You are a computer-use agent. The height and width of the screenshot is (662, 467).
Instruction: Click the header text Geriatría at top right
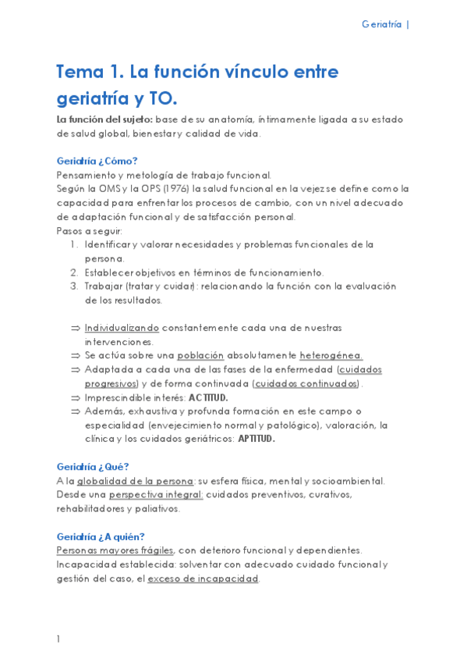381,24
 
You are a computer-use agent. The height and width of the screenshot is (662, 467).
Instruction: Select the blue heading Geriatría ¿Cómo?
97,161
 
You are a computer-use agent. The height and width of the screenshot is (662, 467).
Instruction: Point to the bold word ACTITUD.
208,397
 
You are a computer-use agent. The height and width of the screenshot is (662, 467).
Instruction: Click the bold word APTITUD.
256,439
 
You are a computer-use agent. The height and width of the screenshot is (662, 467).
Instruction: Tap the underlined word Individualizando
122,328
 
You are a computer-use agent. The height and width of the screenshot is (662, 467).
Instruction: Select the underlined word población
200,355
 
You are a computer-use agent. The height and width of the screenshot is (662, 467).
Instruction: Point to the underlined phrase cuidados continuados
306,383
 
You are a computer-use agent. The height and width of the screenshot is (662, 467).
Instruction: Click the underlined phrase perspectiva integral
156,495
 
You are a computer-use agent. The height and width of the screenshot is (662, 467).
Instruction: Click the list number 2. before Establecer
75,272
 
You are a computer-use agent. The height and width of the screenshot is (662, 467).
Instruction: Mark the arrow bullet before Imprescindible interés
75,397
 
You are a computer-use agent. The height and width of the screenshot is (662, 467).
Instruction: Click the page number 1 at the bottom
58,639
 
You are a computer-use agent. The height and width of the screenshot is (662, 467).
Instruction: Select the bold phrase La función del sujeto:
104,119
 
